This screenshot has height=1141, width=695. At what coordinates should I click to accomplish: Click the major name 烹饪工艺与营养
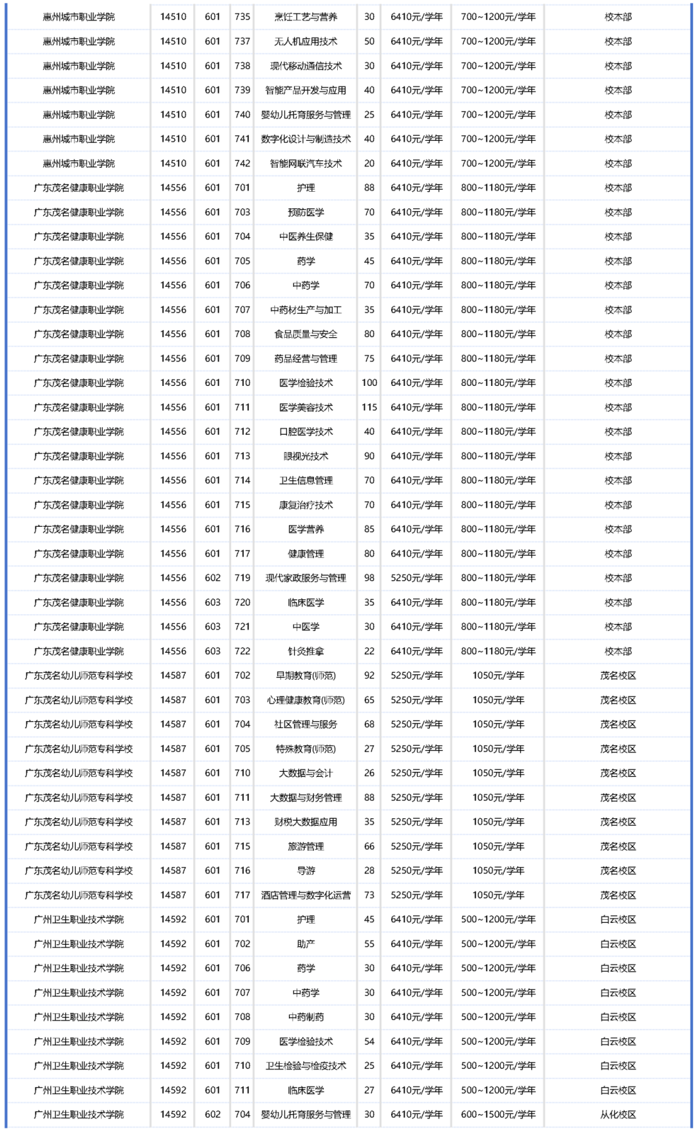click(x=306, y=17)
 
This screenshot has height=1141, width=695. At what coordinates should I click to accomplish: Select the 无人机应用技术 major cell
click(x=306, y=41)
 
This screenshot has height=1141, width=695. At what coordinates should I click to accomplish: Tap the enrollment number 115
click(x=369, y=407)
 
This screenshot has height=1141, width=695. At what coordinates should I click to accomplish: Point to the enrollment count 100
click(x=369, y=383)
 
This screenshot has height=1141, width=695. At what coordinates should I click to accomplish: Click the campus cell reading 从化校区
click(x=618, y=1115)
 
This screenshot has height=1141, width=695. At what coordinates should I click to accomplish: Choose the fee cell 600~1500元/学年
click(x=498, y=1115)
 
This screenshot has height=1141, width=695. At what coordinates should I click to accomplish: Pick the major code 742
click(x=243, y=163)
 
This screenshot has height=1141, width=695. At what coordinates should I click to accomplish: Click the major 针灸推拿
click(x=306, y=651)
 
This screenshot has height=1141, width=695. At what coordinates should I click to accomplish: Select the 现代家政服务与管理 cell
click(x=306, y=578)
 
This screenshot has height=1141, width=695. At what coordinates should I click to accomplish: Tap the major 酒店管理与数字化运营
click(x=306, y=895)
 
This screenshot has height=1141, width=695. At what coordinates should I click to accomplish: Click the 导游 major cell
click(x=306, y=871)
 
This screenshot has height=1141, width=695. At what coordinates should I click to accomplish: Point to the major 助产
click(x=306, y=944)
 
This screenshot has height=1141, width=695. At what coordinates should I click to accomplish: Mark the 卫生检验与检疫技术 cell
click(x=306, y=1066)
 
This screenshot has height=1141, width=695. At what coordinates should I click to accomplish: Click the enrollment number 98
click(x=369, y=578)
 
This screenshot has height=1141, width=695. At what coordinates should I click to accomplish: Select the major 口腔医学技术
click(x=306, y=432)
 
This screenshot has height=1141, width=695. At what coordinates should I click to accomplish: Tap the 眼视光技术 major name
click(x=306, y=456)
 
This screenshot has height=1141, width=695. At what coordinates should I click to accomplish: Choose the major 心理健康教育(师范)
click(x=306, y=700)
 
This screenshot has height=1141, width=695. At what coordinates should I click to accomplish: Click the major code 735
click(x=243, y=17)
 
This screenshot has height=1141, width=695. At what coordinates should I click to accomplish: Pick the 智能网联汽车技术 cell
click(x=306, y=163)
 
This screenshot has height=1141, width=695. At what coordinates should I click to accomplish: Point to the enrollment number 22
click(x=369, y=651)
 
